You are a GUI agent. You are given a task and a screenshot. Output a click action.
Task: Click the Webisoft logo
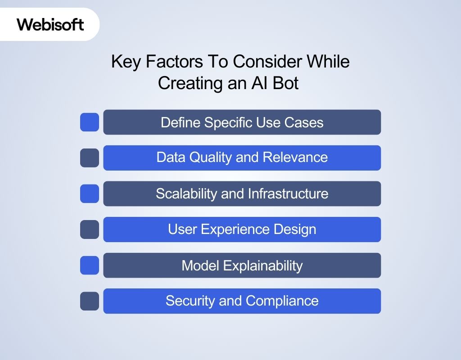50,24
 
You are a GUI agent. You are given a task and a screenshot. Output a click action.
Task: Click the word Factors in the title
174,61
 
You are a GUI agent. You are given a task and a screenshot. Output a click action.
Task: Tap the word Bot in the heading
285,83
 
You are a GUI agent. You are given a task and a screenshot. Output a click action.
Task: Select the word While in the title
328,61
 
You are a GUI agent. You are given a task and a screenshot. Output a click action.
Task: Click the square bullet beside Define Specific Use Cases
90,122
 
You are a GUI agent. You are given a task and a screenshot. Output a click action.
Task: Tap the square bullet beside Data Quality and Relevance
90,158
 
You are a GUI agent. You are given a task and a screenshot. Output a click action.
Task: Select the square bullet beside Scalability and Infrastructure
90,193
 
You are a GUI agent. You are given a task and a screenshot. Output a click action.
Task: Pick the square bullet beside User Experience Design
90,229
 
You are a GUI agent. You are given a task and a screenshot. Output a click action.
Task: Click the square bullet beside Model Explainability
90,265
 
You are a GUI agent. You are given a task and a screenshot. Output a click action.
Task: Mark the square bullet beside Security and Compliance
90,301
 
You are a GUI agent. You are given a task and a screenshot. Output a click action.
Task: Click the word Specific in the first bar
228,123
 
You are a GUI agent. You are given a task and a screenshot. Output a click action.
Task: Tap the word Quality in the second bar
210,157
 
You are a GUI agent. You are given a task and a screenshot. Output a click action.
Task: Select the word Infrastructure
288,193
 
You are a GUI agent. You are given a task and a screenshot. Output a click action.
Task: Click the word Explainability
263,266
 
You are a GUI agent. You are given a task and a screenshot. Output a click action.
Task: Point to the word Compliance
282,301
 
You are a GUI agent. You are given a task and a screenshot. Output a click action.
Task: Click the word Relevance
295,157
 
